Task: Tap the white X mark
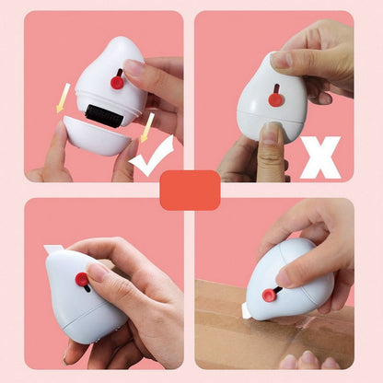pyautogui.click(x=320, y=157)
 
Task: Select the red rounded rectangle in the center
pyautogui.click(x=190, y=190)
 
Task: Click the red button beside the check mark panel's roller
pyautogui.click(x=118, y=82)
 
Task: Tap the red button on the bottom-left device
pyautogui.click(x=82, y=278)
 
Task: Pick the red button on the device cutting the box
pyautogui.click(x=269, y=295)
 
